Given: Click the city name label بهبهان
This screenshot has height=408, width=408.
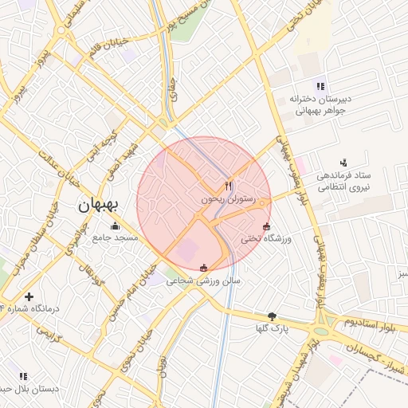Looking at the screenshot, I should tap(99, 206).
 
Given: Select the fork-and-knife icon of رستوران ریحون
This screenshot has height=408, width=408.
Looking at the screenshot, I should tap(229, 186).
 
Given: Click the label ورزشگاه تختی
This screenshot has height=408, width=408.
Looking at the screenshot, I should tap(269, 238).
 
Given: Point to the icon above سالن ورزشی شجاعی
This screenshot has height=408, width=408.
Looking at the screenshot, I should tap(203, 268).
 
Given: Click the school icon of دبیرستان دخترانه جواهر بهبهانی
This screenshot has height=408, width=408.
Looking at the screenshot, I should tap(320, 86).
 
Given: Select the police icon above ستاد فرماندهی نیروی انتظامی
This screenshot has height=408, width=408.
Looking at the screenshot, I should tap(343, 162).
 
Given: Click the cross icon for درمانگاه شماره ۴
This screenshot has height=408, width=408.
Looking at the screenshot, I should tap(29, 296).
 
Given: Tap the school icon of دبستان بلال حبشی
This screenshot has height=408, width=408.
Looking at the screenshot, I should tap(22, 376).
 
